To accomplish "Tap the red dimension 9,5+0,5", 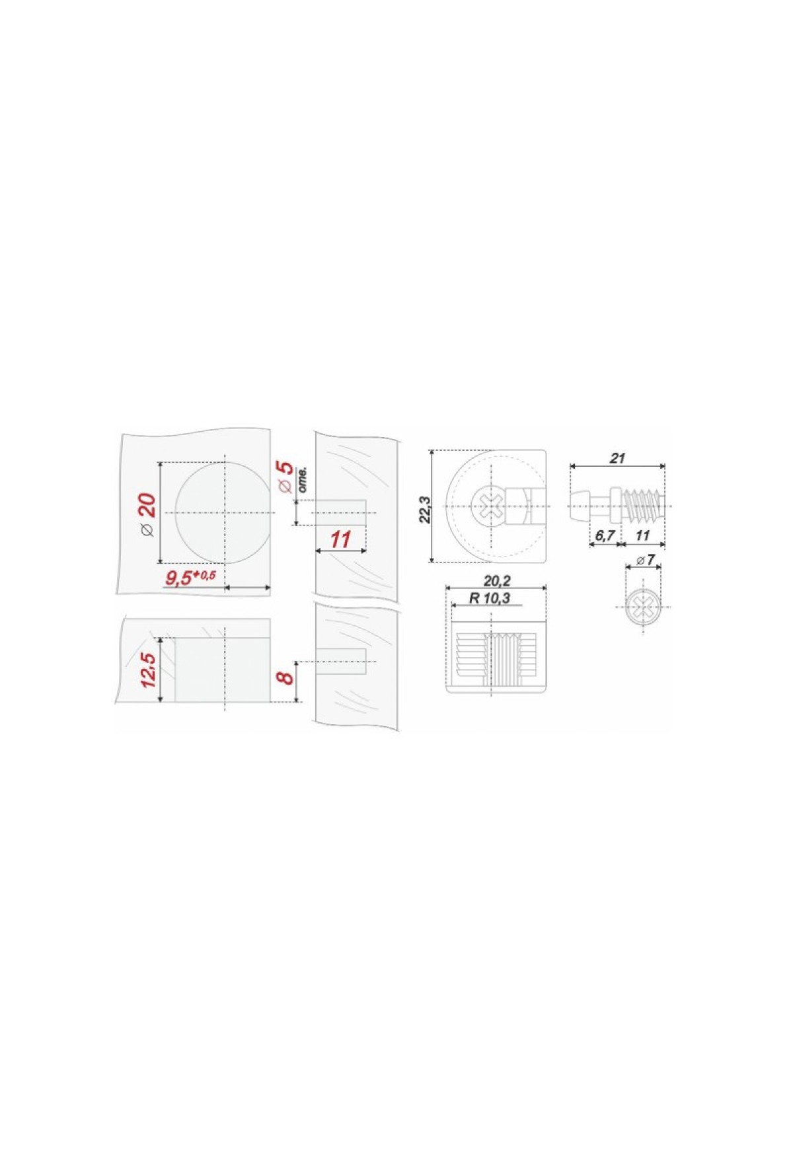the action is (x=190, y=578).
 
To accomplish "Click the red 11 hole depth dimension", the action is (x=340, y=539).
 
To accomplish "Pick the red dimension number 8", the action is (x=284, y=678).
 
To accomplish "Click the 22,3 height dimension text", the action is (x=426, y=509).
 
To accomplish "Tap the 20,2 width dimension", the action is (x=498, y=581).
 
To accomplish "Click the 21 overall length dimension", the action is (x=617, y=458).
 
